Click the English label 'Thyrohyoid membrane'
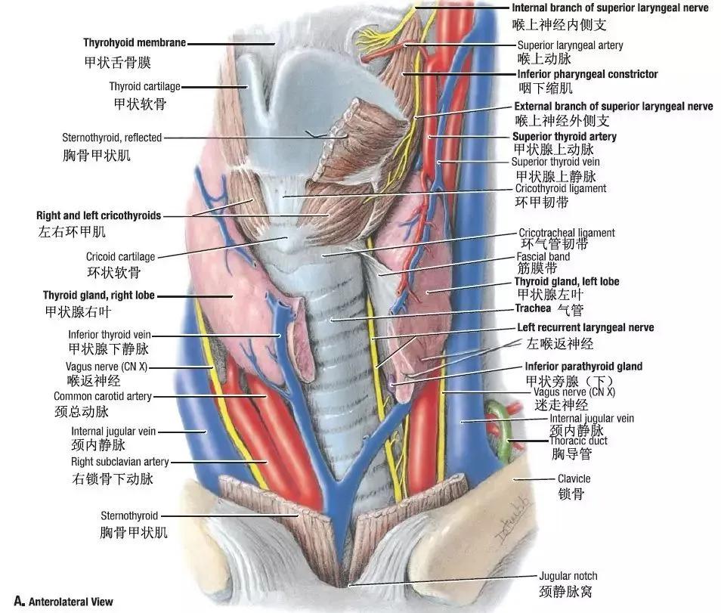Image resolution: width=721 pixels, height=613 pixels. (x=135, y=43)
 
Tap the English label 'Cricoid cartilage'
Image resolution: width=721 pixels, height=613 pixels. (x=120, y=256)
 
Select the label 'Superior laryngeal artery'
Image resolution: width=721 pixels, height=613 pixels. (x=570, y=45)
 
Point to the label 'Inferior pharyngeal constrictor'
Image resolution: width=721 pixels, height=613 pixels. (x=588, y=74)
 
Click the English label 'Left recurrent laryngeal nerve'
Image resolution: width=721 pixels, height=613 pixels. (x=586, y=327)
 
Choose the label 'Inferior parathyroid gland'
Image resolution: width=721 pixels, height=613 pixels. (x=583, y=367)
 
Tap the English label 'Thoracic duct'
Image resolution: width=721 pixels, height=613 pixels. (x=578, y=441)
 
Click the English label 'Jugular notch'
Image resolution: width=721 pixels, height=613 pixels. (x=568, y=576)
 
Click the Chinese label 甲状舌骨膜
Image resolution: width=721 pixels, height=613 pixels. (x=118, y=63)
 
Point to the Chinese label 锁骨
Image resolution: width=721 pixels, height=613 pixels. (x=571, y=494)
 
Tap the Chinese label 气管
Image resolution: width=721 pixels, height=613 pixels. (x=570, y=310)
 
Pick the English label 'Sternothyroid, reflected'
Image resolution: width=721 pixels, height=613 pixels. (x=112, y=138)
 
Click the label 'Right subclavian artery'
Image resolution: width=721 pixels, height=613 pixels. (x=119, y=462)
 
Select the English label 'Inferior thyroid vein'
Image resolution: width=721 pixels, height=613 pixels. (x=110, y=335)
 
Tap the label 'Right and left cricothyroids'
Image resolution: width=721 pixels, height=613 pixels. (x=98, y=215)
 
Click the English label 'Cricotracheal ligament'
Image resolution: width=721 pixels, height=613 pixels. (x=567, y=233)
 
